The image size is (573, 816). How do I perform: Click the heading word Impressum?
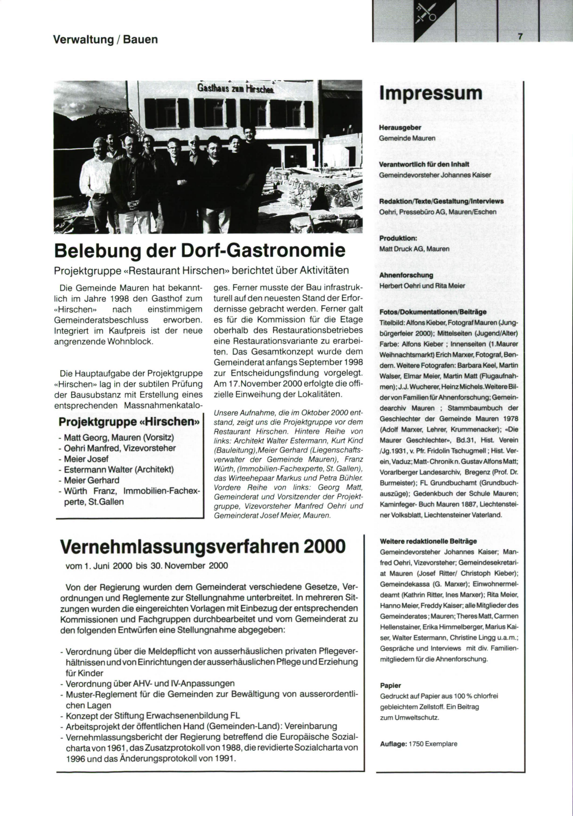click(431, 93)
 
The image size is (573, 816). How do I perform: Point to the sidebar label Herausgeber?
click(400, 128)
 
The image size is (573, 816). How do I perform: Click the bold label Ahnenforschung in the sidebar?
click(406, 275)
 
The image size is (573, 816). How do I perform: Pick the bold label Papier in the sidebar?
click(390, 685)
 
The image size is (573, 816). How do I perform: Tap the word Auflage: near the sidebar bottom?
click(393, 744)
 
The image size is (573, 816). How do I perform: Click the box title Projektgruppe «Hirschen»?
click(128, 422)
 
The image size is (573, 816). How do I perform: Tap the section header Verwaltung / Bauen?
click(106, 39)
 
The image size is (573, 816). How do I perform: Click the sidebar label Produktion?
click(398, 238)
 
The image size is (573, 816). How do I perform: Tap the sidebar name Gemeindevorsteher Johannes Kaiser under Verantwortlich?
click(435, 175)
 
